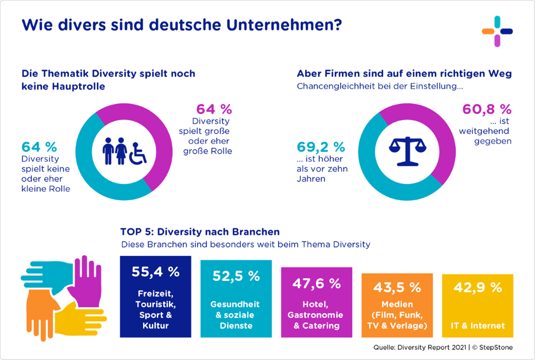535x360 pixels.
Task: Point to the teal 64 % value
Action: point(40,147)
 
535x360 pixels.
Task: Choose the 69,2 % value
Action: point(321,147)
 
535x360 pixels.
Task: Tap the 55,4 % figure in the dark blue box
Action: point(155,272)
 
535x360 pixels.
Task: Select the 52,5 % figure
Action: point(236,276)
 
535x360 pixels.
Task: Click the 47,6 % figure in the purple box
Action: point(317,283)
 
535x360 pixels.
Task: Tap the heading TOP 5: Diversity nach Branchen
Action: point(200,232)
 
